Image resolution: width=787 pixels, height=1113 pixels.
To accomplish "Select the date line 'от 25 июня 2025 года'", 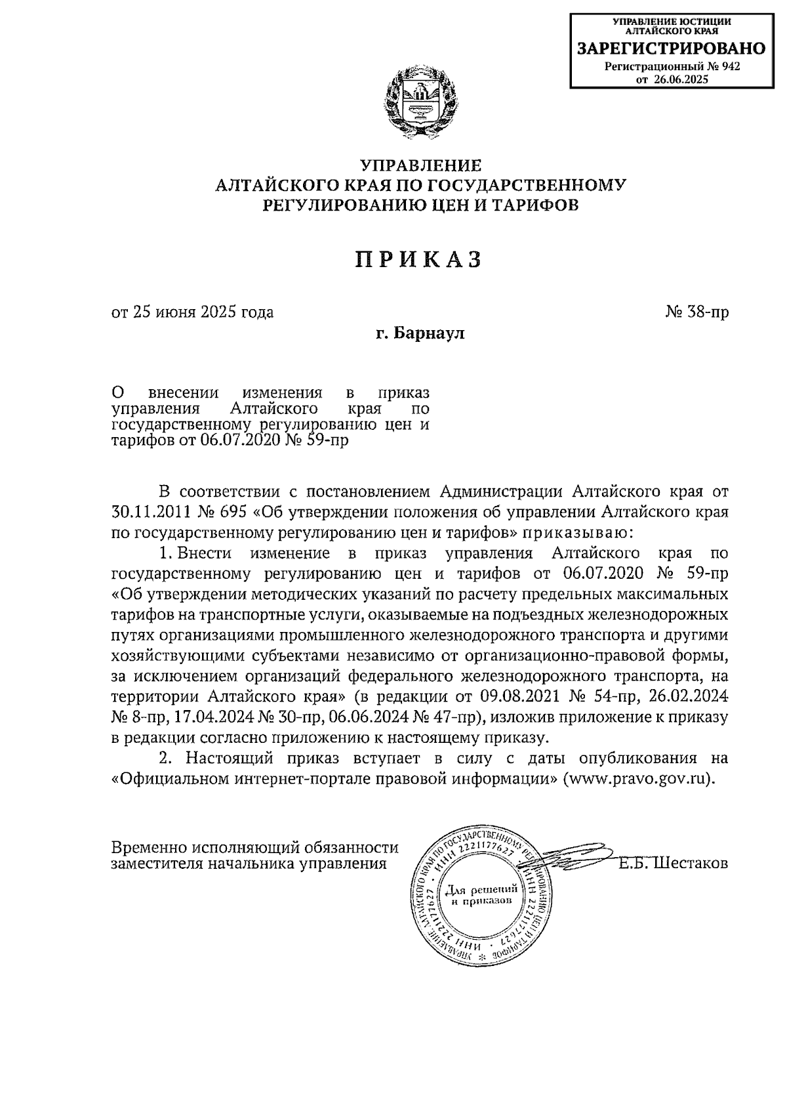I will click(192, 312).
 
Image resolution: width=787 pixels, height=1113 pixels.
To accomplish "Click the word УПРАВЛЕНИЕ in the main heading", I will click(420, 164).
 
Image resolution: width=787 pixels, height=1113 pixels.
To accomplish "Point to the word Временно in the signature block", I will click(145, 847).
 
